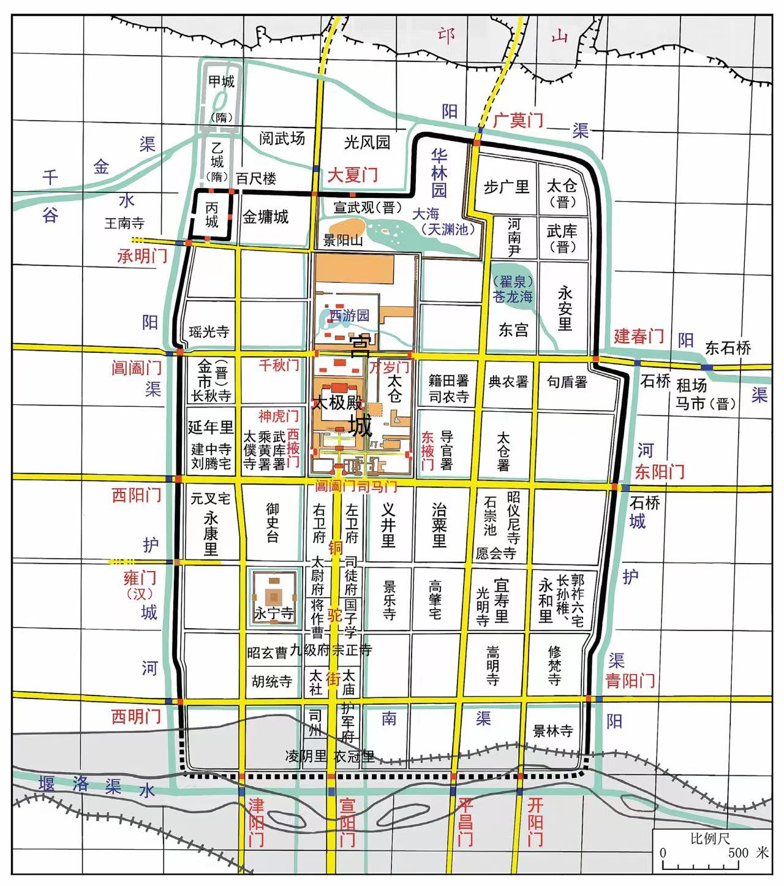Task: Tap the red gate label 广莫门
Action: [518, 120]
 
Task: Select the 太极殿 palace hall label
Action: [338, 404]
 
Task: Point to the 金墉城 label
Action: [266, 217]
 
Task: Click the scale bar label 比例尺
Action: [710, 838]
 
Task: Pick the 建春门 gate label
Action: [639, 336]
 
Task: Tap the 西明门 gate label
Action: [136, 716]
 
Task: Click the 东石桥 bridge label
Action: [728, 348]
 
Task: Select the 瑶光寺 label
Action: [209, 331]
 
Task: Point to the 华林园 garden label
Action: [439, 172]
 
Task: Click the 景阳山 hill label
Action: [344, 240]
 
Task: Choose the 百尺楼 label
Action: [257, 178]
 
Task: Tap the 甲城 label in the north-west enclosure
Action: [221, 81]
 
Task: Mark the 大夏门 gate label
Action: [353, 175]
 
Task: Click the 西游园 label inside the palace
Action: [349, 316]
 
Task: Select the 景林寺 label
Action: [552, 730]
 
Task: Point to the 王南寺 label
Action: [124, 223]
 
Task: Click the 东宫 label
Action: [513, 330]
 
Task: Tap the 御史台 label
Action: [273, 523]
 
